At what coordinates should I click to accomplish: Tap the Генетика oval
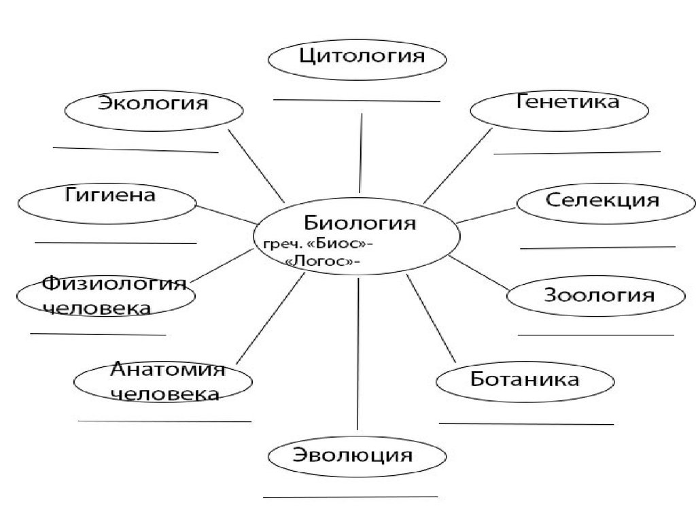coord(559,109)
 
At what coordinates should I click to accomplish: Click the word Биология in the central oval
coord(359,223)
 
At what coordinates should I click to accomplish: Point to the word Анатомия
coord(167,371)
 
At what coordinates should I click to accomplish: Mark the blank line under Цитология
coord(357,101)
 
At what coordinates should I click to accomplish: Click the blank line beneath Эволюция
coord(350,498)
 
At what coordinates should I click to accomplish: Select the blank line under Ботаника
coord(526,423)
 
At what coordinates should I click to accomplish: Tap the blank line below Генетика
coord(576,153)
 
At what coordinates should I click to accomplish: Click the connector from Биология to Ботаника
coord(430,317)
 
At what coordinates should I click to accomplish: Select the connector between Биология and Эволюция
coord(358,353)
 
